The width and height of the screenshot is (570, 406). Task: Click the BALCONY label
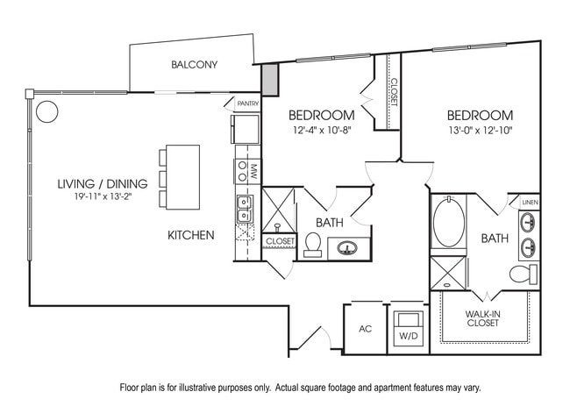pos(194,65)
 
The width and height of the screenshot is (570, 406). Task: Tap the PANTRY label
pos(247,103)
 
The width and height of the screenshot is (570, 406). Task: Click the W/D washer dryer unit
pos(407,329)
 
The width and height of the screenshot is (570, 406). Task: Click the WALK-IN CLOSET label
pos(483,317)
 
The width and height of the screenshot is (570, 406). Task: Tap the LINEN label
pos(529,203)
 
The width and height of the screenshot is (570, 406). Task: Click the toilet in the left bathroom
pos(312,244)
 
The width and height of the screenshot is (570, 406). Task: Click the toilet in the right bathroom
pos(523,274)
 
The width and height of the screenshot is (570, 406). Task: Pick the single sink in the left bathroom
pos(348,248)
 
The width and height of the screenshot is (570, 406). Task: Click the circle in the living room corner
pos(46,111)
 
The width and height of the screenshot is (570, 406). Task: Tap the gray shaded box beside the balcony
pos(269,80)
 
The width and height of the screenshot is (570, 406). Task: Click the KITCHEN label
pos(191,235)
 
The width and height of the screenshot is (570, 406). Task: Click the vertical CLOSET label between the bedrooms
pos(394,92)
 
